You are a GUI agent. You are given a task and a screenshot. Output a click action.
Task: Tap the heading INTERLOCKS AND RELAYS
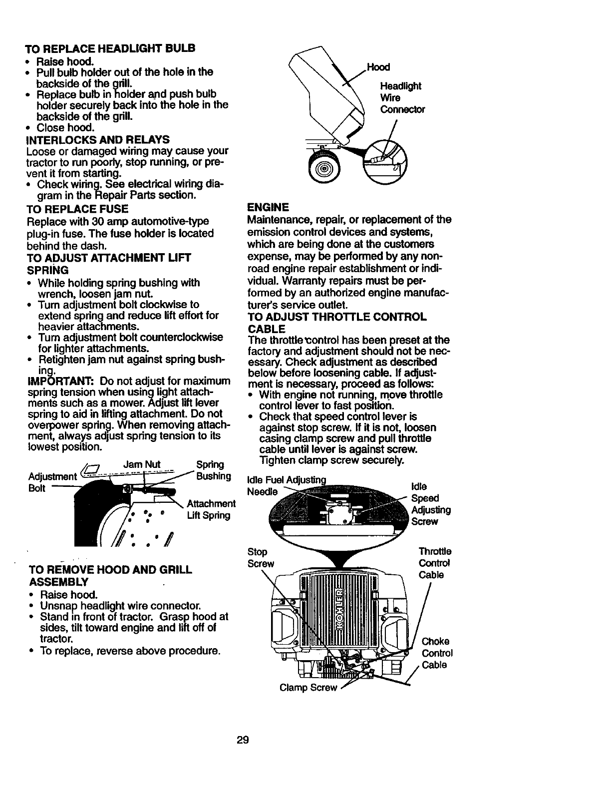point(97,139)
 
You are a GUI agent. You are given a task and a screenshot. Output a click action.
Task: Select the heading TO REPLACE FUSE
point(77,208)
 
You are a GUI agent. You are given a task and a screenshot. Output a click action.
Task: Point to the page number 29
point(243,740)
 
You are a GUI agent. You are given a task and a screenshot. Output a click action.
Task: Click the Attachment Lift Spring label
point(210,509)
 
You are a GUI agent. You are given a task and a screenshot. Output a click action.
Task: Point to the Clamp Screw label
point(308,688)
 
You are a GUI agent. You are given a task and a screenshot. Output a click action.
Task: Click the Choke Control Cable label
point(437,653)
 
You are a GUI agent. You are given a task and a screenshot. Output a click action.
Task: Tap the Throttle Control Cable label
point(435,563)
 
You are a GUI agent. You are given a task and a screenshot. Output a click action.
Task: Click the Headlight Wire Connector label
point(402,98)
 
